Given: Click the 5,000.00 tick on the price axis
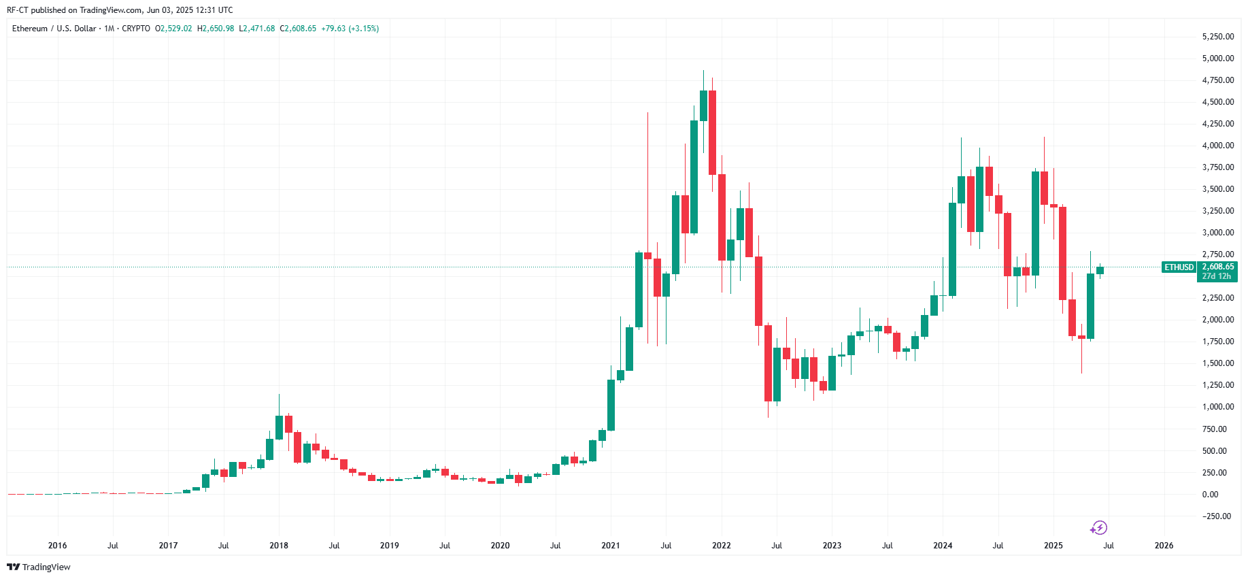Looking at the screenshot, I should pos(1217,59).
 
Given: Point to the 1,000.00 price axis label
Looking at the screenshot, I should pos(1217,407).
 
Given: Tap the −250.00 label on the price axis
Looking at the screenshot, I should pos(1217,516).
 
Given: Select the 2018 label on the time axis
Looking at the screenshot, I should pos(279,546).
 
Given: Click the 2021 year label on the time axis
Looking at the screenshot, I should pos(611,546).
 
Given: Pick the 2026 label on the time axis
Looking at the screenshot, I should pos(1164,546).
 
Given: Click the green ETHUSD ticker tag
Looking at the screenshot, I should pos(1179,267).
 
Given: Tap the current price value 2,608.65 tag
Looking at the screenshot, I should pos(1217,267).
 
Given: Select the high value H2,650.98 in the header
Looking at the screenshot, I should pos(216,29).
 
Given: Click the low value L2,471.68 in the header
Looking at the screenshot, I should pos(257,29).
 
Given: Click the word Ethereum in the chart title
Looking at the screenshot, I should pos(30,29).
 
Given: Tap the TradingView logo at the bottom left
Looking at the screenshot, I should pos(39,567).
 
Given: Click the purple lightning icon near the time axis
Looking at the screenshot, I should pos(1098,528).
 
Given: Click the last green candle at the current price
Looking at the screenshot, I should pos(1100,270).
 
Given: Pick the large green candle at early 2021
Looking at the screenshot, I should pos(611,405).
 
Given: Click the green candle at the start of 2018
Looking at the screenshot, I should pos(279,427).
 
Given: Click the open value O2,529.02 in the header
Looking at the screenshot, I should pos(173,29).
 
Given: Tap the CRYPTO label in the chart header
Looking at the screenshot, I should pos(136,29).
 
